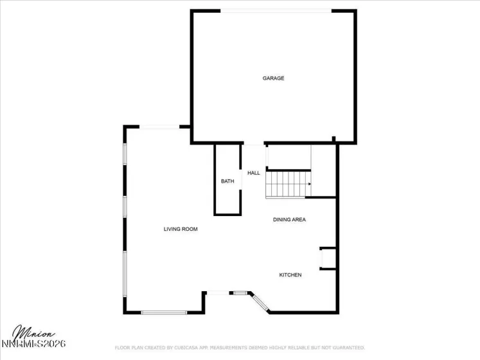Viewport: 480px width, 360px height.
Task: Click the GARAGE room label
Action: point(273,78)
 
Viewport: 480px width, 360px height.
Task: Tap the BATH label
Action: point(227,181)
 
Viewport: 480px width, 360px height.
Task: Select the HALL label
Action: point(254,173)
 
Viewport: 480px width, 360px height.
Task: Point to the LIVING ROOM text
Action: point(181,229)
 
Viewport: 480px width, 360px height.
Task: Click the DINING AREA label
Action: point(289,220)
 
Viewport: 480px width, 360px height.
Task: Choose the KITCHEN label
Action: point(290,275)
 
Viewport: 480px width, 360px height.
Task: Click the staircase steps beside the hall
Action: point(287,184)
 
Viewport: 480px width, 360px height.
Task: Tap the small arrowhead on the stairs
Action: point(310,184)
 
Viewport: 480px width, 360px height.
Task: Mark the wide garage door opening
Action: point(276,11)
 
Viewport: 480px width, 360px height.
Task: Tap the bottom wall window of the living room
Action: point(164,312)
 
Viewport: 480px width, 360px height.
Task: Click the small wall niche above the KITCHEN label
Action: point(326,258)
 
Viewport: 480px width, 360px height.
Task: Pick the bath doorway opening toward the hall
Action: point(241,181)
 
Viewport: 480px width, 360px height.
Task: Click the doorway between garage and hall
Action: point(254,144)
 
